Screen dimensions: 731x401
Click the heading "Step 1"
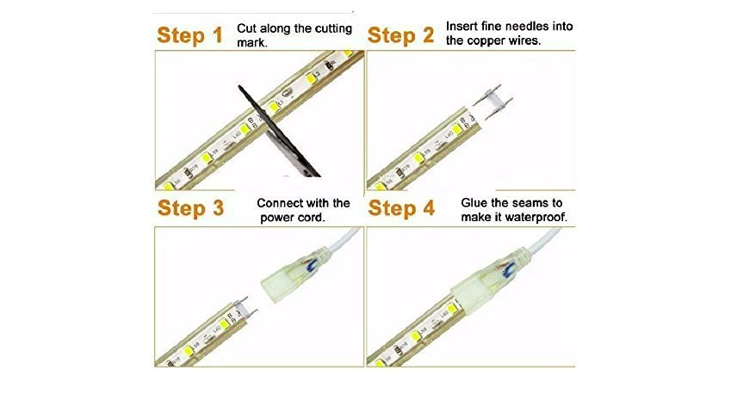[189, 35]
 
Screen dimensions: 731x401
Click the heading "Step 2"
[400, 35]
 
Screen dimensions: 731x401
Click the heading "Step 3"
[190, 208]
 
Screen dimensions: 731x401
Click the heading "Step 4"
[401, 208]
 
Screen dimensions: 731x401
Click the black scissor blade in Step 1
[279, 131]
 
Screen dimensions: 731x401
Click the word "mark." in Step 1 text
[252, 43]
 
